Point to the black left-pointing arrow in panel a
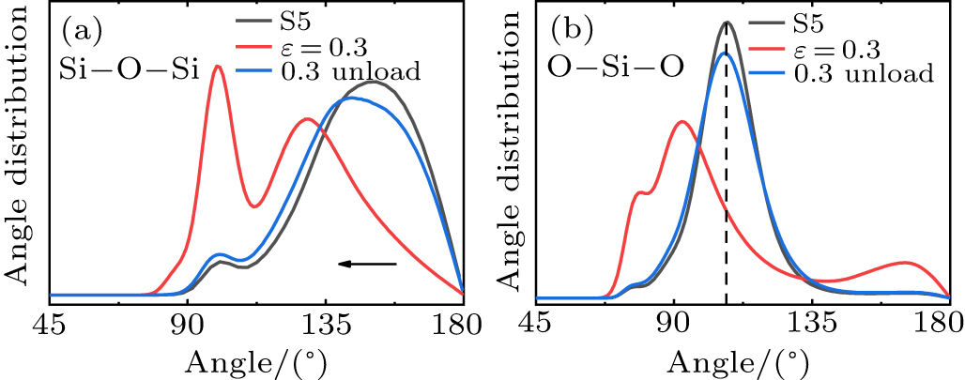pyautogui.click(x=367, y=265)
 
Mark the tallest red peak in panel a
pyautogui.click(x=218, y=67)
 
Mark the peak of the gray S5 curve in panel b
pyautogui.click(x=726, y=23)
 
